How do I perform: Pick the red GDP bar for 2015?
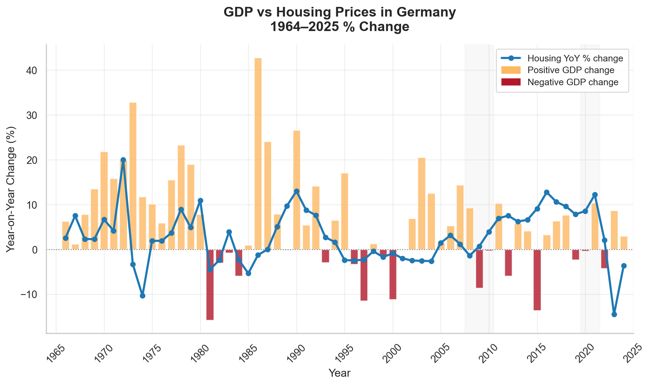tap(537, 280)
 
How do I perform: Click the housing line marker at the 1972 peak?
tap(123, 160)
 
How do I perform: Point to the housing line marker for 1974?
tap(142, 296)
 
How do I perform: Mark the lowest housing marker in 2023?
tap(614, 314)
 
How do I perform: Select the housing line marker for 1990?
tap(297, 191)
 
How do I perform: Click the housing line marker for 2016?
tap(547, 192)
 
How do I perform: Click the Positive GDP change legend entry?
tap(571, 70)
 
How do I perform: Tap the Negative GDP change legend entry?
tap(573, 82)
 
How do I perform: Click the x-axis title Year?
tap(340, 373)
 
